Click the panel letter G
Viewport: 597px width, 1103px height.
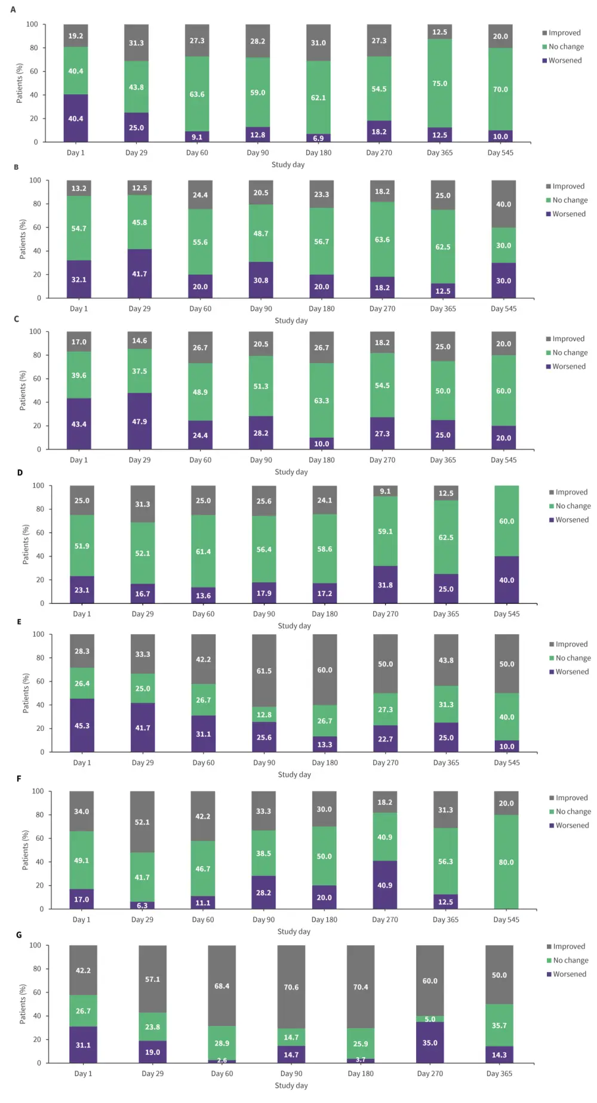[x=19, y=935]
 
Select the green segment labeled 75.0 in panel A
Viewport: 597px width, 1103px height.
[x=439, y=83]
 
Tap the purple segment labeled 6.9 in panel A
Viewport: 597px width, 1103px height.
[x=318, y=138]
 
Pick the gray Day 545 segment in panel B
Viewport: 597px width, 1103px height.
[x=503, y=204]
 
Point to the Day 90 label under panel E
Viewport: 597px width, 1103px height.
[x=264, y=763]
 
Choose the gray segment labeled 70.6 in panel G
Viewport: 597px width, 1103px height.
[x=291, y=987]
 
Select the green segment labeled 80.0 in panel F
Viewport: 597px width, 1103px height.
[x=506, y=862]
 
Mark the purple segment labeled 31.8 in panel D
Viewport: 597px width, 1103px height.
[x=385, y=585]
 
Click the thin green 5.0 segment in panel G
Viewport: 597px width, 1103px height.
[x=430, y=1019]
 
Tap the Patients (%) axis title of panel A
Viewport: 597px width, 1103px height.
[x=19, y=83]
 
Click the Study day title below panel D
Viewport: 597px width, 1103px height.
[x=294, y=626]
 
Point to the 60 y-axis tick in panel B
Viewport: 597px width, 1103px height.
[x=36, y=228]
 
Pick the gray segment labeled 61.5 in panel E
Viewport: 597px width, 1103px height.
[x=264, y=671]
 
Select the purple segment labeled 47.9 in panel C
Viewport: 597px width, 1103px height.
[x=139, y=421]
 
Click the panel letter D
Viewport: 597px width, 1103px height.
[x=20, y=472]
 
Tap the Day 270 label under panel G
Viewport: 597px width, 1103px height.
[x=430, y=1073]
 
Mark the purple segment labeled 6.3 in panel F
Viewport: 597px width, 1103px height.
[x=142, y=905]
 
